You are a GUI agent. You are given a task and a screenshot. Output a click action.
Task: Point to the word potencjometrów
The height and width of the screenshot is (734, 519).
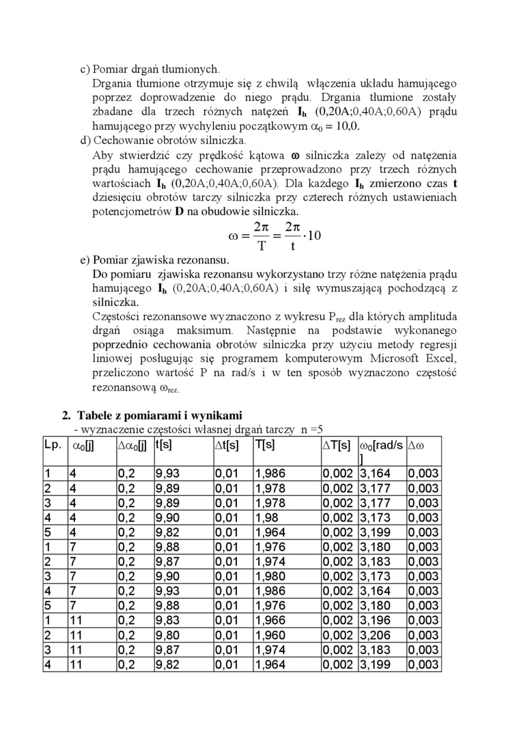tap(127, 211)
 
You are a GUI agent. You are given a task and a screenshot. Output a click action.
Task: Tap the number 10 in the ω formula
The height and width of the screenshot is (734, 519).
tap(314, 236)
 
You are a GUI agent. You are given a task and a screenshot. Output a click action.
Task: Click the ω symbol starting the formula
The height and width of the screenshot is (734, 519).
tap(233, 236)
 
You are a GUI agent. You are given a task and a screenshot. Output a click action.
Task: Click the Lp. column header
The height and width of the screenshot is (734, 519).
tap(53, 444)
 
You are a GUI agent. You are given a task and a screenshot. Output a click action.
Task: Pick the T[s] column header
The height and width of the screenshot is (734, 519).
tap(265, 444)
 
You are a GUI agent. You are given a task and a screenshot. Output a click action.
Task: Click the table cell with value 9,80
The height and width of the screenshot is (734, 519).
tap(168, 636)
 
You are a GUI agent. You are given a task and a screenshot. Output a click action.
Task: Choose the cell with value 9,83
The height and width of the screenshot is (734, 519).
tap(168, 621)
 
